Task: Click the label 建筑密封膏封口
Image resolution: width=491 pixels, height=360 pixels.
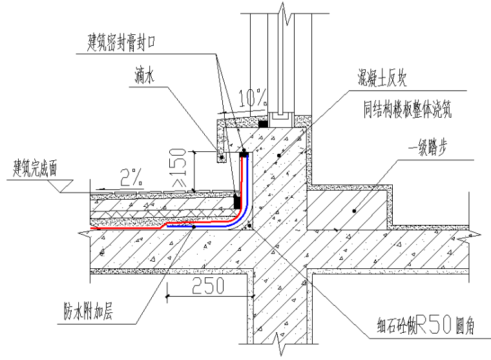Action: pyautogui.click(x=123, y=43)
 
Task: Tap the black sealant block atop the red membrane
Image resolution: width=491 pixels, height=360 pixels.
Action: pyautogui.click(x=244, y=154)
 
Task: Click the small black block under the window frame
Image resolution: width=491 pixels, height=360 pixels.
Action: pyautogui.click(x=263, y=123)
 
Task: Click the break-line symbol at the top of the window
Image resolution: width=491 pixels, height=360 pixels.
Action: pyautogui.click(x=280, y=12)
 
